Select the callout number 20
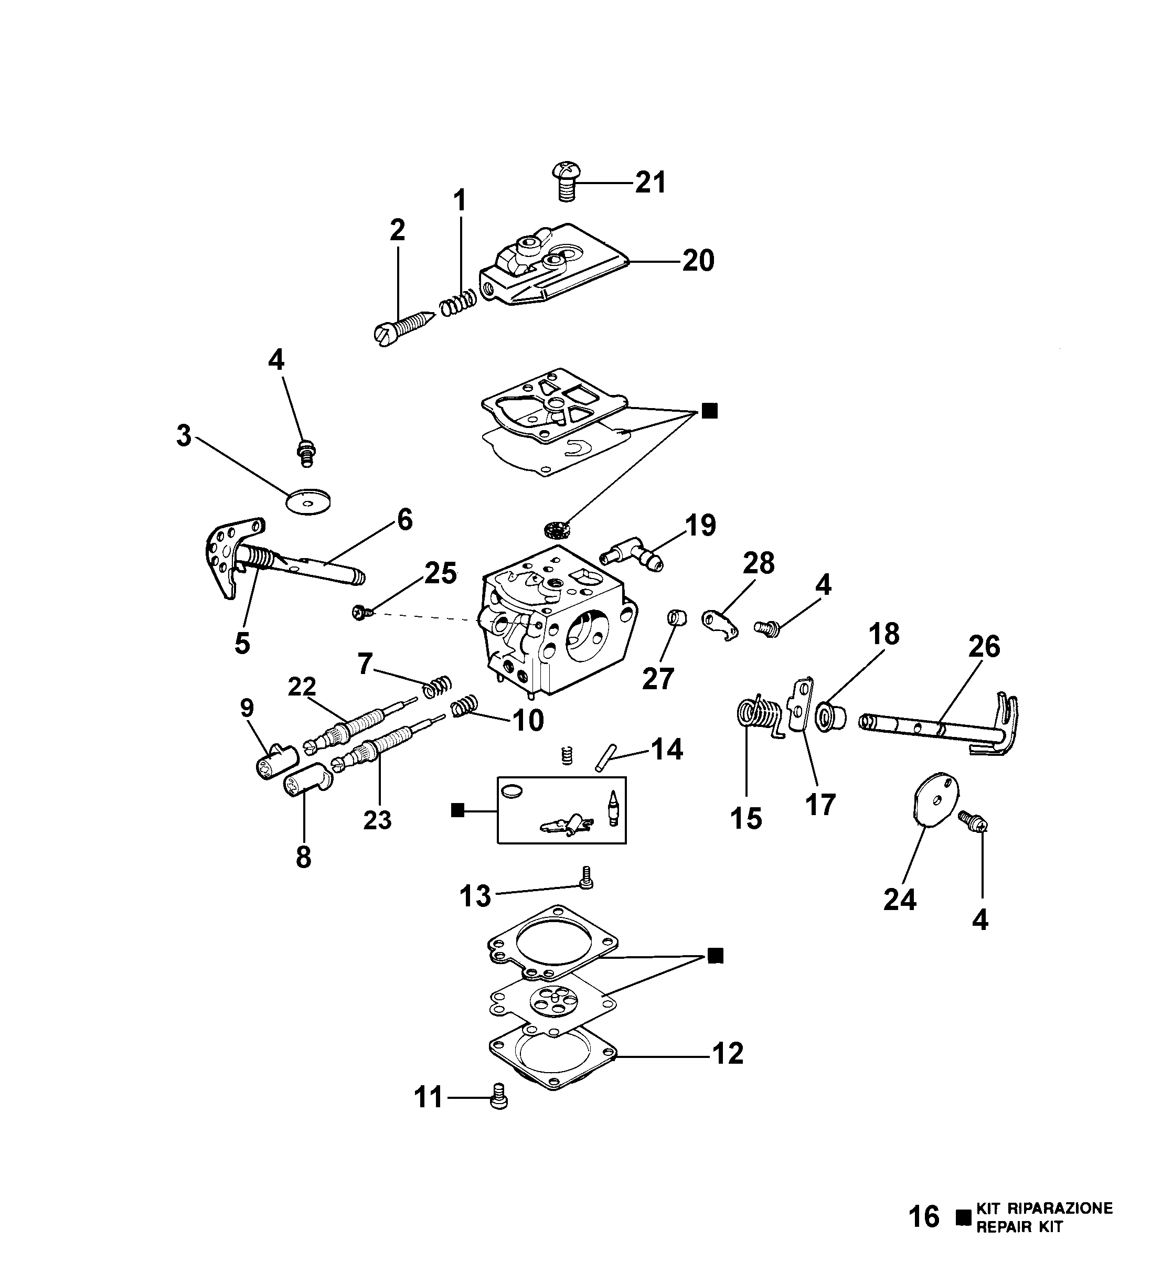pos(698,260)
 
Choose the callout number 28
pos(759,563)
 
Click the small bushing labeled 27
pos(677,617)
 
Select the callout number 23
pos(377,820)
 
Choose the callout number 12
pos(728,1053)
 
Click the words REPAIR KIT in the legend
pos(1019,1243)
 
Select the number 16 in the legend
pos(923,1233)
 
